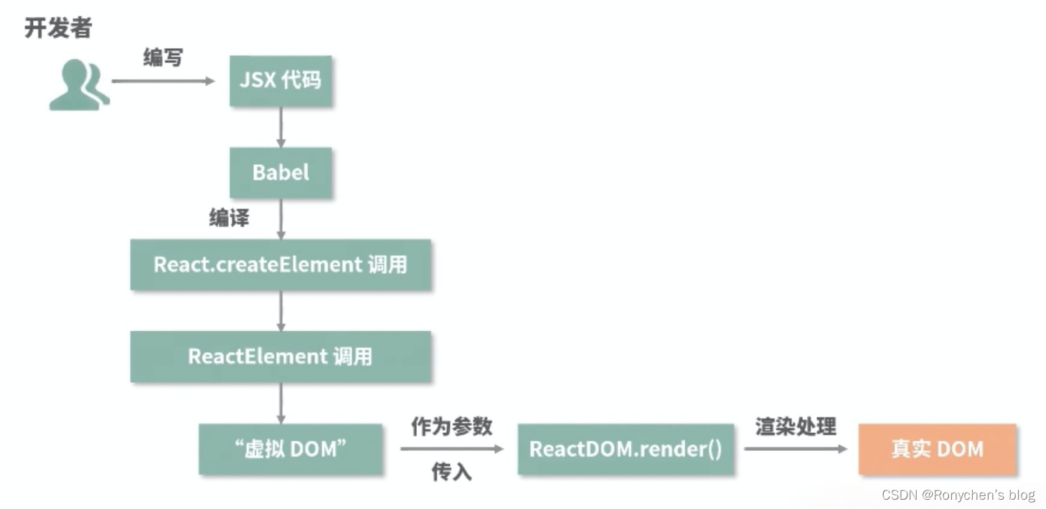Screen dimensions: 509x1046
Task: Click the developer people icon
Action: pos(78,85)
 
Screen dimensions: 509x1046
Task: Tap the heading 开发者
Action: pos(58,28)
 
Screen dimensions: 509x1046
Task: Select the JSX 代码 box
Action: pos(281,80)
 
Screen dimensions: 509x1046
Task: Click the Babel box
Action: pos(281,172)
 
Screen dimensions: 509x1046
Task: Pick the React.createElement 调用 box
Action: pos(281,265)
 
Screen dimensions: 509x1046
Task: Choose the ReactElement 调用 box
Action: pos(281,356)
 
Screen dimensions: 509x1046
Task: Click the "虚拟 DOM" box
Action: pos(291,449)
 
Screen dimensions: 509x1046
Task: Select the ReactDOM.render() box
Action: pos(626,449)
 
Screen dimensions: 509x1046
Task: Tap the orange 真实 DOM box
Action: pos(937,449)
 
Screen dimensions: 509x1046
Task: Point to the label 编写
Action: pos(163,57)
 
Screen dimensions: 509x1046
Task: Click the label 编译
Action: pos(229,218)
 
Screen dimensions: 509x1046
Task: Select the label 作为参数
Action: pos(451,427)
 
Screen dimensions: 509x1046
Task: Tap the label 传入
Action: pos(451,472)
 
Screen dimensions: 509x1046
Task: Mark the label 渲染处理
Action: pos(796,427)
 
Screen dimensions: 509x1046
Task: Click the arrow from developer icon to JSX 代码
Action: pos(164,81)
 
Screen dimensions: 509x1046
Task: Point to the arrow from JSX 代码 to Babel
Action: pos(281,127)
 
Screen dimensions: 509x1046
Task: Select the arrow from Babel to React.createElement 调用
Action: pos(281,219)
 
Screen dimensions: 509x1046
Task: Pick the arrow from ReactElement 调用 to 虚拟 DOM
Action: pos(281,402)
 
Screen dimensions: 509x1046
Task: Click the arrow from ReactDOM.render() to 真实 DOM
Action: pos(796,449)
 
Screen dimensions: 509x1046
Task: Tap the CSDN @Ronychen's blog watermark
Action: pos(958,495)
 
